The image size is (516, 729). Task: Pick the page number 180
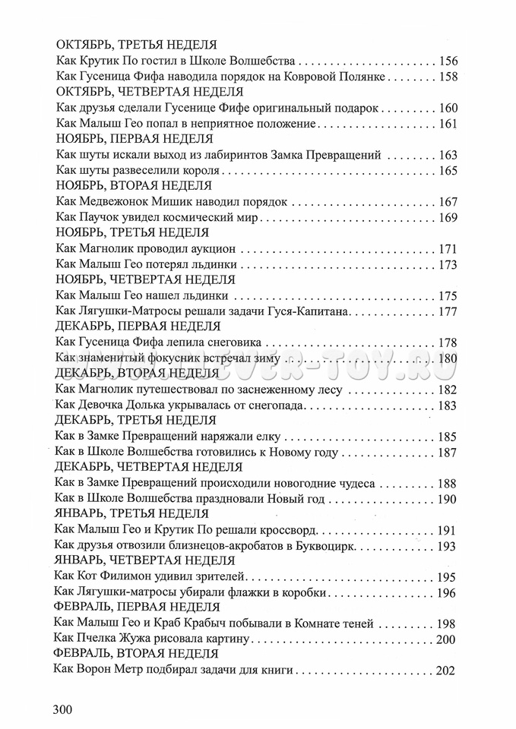(448, 358)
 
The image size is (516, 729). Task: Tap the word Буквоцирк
(322, 546)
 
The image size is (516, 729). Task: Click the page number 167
(448, 201)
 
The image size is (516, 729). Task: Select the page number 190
(448, 499)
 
